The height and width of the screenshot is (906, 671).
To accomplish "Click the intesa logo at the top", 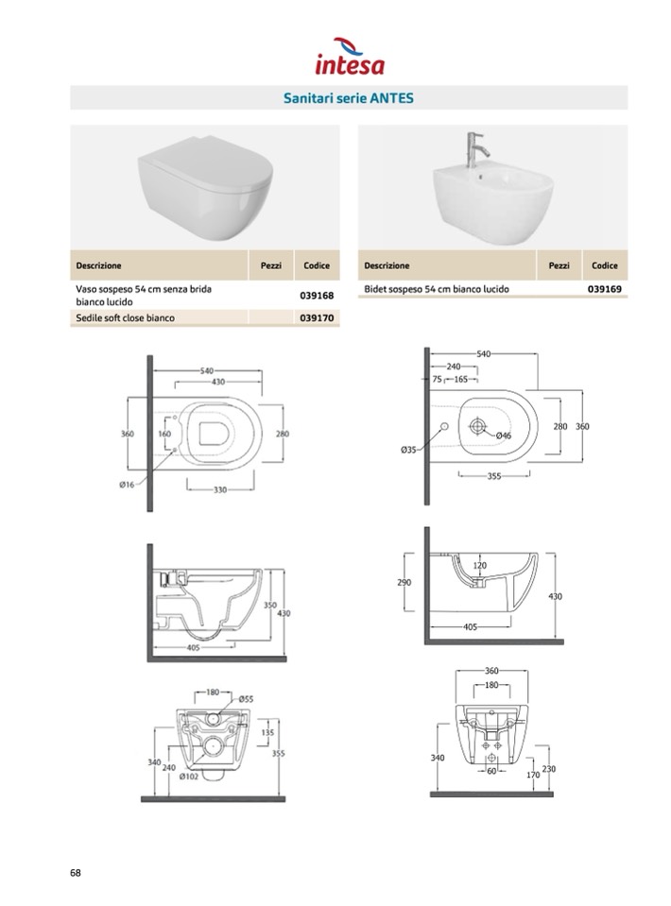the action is click(350, 57).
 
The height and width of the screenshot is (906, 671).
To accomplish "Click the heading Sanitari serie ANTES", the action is click(349, 98).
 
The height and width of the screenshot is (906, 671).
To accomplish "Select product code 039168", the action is click(317, 296).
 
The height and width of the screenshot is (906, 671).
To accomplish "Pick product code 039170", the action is click(317, 317).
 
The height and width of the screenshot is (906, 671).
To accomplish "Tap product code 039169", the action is click(605, 289).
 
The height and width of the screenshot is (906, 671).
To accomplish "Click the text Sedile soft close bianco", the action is click(125, 317).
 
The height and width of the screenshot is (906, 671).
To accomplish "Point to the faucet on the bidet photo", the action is click(476, 149).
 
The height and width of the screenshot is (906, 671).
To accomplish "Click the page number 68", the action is click(76, 873).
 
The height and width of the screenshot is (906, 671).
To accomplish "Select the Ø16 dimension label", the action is click(127, 485).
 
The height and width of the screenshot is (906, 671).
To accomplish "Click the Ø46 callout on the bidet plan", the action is click(504, 436).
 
